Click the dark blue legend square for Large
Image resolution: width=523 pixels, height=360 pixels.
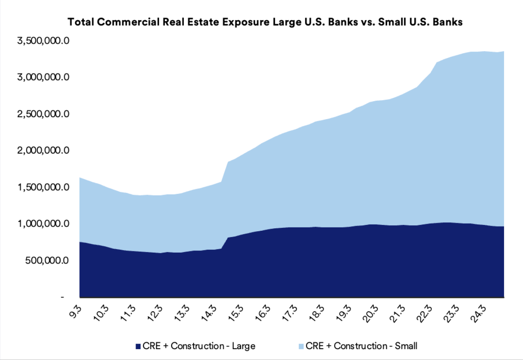138,346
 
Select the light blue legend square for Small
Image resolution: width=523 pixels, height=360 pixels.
300,346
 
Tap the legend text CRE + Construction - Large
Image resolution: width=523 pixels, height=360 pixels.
199,346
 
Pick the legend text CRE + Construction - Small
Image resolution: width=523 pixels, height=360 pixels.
361,346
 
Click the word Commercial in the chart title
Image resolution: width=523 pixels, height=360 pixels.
126,22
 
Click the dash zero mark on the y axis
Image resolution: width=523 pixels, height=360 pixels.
62,297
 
